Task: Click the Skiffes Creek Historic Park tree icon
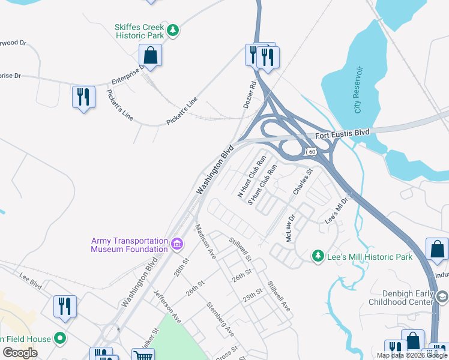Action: tap(173, 29)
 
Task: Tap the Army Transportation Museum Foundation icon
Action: tap(176, 244)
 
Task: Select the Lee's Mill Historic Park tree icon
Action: tap(318, 256)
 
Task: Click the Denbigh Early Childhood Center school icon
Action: tap(442, 296)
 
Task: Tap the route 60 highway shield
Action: tap(311, 152)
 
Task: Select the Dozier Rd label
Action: tap(250, 95)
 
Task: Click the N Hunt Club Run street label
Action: tap(252, 177)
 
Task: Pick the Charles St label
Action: tap(303, 182)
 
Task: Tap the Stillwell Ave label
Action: tap(279, 296)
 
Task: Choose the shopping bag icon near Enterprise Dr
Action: tap(149, 56)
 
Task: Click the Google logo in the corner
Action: tap(20, 353)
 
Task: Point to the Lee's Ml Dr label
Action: tap(337, 211)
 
